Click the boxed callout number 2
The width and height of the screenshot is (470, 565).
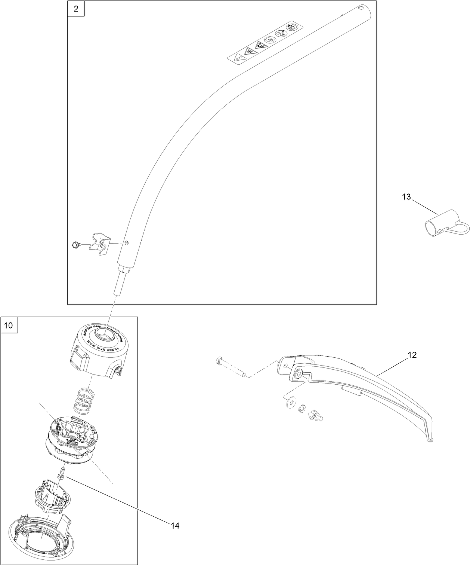76,9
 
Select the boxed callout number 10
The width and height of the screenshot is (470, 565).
9,326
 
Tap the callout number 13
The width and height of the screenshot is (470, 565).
406,197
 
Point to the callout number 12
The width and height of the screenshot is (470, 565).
412,355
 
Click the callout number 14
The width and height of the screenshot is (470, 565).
175,526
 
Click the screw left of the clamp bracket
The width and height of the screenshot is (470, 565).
75,245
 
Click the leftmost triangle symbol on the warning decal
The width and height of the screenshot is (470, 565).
238,58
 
